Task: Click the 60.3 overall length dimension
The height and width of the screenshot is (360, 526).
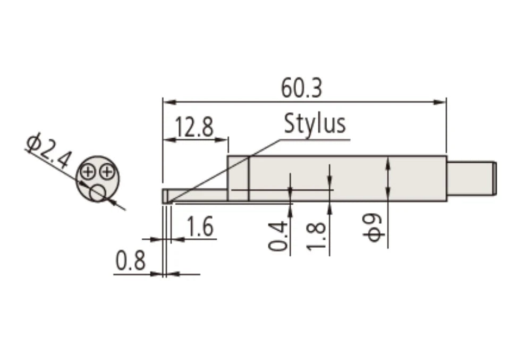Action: (301, 88)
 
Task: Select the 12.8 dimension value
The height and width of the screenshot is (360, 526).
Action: (194, 128)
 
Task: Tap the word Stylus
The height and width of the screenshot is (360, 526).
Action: (315, 123)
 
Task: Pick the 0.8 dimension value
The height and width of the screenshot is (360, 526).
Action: (130, 263)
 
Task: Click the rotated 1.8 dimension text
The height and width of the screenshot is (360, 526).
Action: (317, 237)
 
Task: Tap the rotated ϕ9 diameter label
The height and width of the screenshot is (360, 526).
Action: (376, 228)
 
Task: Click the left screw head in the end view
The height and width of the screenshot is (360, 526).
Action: (89, 171)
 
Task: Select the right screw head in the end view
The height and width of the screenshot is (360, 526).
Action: (107, 171)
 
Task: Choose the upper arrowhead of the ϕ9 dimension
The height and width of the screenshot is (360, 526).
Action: (388, 162)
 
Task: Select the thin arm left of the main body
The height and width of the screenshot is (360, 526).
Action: (197, 195)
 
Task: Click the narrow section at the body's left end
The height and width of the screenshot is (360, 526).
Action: (238, 178)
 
